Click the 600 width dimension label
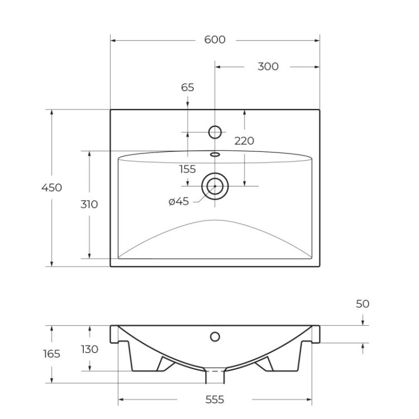(x=215, y=40)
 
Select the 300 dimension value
(x=268, y=66)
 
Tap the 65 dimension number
(x=188, y=87)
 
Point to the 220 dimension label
(x=244, y=141)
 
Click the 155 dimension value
(x=188, y=169)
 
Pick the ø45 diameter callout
(x=179, y=202)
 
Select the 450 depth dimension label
(x=51, y=188)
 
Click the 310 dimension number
(x=89, y=204)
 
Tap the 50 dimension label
(x=363, y=304)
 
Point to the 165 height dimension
(x=51, y=354)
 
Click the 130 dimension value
(x=89, y=349)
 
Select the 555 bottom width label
(x=215, y=399)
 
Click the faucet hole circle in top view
(x=215, y=132)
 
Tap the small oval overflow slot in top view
(x=215, y=154)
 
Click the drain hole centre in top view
(x=215, y=185)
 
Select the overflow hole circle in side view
(x=215, y=336)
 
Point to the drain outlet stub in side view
(x=215, y=377)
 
